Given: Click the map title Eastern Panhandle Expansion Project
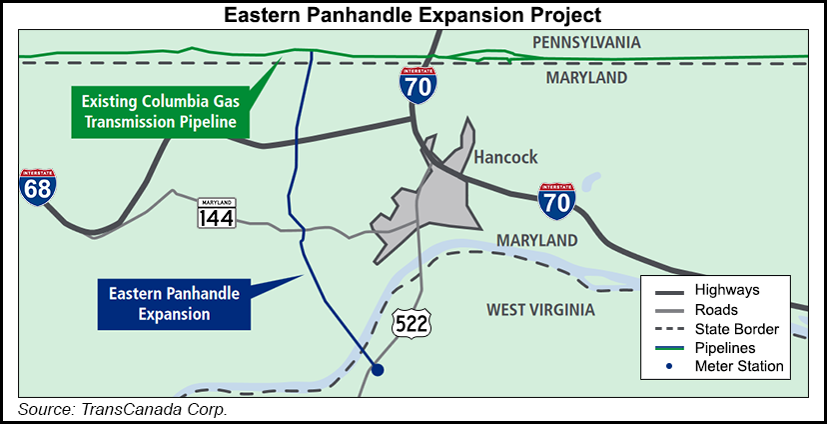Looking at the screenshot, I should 413,14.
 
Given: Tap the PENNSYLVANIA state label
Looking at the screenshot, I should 585,43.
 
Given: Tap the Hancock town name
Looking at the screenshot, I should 505,157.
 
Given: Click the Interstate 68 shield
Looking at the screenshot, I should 37,187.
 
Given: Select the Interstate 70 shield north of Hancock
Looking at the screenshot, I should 416,86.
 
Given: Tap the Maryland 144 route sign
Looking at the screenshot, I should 216,212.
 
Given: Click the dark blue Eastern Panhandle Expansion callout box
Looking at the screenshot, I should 161,303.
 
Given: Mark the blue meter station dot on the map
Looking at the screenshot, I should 377,370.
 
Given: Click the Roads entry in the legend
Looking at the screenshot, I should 717,309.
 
